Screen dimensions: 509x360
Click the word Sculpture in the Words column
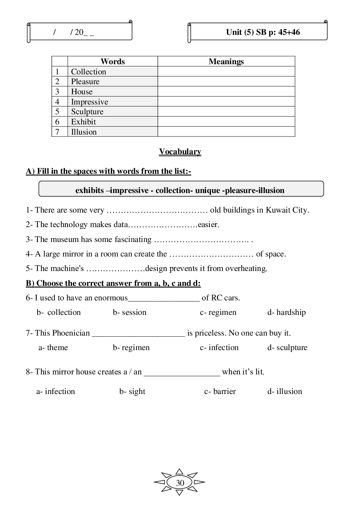(87, 112)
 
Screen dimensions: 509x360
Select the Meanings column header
(226, 62)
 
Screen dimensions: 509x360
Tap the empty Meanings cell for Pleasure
(226, 82)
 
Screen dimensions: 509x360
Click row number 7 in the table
(57, 132)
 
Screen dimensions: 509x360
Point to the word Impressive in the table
(89, 102)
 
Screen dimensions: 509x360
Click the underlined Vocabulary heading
(180, 152)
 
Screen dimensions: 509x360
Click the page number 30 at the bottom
(180, 483)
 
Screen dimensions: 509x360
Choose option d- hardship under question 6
(287, 312)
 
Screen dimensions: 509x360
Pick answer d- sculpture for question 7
(287, 348)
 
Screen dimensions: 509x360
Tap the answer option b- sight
(132, 391)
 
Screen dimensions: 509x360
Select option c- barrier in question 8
(220, 391)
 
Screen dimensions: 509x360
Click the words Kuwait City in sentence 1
(287, 210)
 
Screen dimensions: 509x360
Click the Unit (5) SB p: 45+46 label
(263, 32)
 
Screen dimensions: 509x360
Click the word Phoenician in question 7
(71, 333)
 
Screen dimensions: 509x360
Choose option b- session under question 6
(130, 312)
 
